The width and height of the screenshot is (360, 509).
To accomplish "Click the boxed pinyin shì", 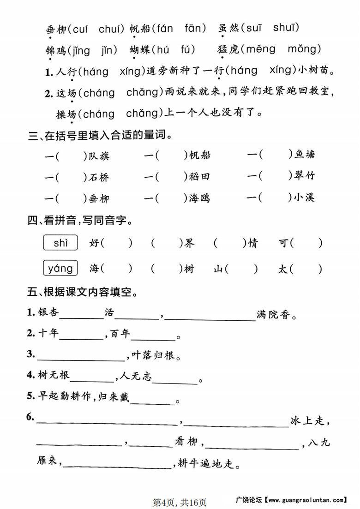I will coord(60,243).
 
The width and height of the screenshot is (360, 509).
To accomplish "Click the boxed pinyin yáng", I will coord(60,268).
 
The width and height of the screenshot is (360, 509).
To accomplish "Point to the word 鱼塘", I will coord(305,155).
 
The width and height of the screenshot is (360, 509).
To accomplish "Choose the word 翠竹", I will coord(305,176).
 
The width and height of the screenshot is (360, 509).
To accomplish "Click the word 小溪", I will coord(305,198).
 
